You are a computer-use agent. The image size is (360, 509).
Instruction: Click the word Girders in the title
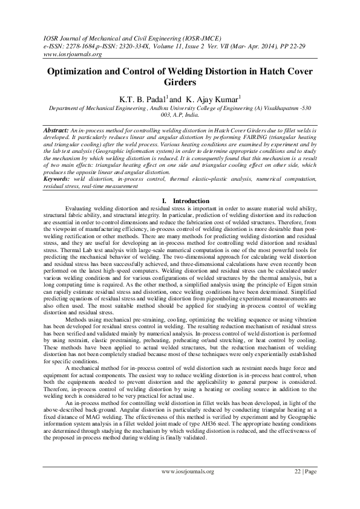(x=180, y=82)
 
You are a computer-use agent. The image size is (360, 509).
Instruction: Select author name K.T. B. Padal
(x=142, y=99)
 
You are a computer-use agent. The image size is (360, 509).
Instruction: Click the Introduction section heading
(x=191, y=200)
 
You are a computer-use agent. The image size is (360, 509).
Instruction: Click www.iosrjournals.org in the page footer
(x=188, y=471)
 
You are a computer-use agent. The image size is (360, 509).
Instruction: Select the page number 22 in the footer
(x=298, y=471)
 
